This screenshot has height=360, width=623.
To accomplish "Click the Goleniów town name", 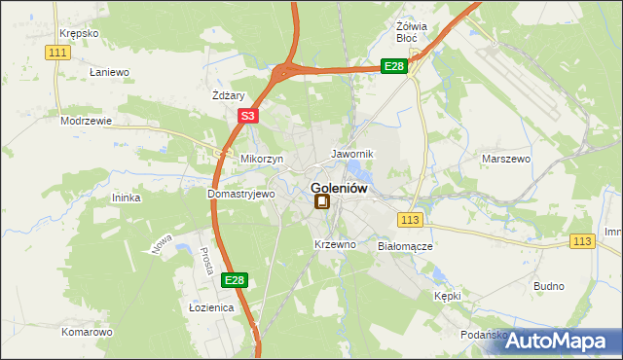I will click(x=339, y=189).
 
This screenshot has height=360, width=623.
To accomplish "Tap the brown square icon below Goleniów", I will click(x=322, y=202).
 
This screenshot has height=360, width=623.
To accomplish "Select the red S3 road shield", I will click(x=248, y=116).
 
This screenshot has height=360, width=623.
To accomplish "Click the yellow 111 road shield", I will click(x=59, y=52).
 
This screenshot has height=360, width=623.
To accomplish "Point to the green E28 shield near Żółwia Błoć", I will click(x=393, y=66).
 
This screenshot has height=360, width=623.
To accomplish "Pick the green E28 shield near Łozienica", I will click(x=234, y=280).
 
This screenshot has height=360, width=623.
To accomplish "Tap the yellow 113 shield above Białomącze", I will click(x=410, y=221).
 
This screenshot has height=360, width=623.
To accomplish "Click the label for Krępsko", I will click(x=79, y=33).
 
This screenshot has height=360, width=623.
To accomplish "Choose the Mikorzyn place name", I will click(x=261, y=159).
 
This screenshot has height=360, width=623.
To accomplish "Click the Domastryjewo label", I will click(x=241, y=194).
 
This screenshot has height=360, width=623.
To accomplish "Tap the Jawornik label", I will click(x=351, y=155).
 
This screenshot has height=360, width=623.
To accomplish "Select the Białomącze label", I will click(x=404, y=247).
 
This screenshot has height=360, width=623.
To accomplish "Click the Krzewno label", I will click(x=335, y=244).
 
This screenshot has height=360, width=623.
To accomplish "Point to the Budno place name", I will click(x=549, y=286).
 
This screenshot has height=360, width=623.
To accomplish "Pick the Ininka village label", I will click(x=127, y=198).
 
